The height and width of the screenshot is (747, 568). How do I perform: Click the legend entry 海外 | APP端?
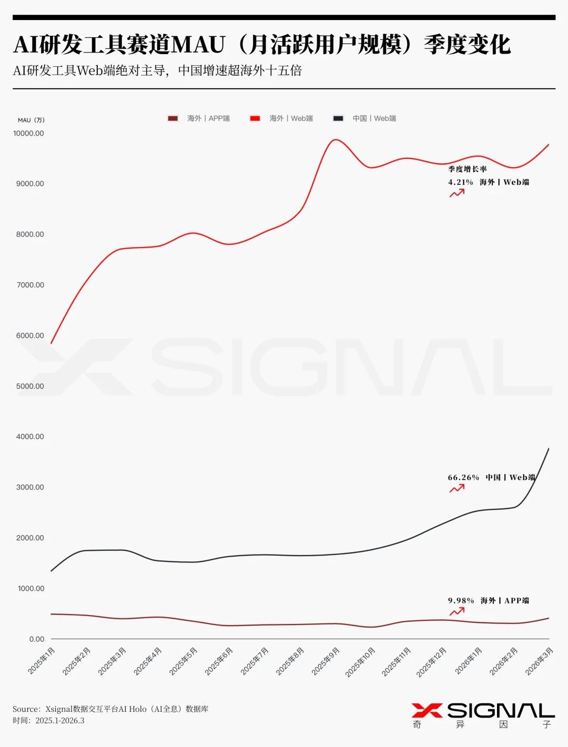point(199,118)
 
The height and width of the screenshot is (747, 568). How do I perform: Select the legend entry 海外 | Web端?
point(281,118)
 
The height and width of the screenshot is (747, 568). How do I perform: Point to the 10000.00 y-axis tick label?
point(29,134)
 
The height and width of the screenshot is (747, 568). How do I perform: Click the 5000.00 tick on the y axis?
point(30,386)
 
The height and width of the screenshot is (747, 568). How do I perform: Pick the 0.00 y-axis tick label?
point(37,639)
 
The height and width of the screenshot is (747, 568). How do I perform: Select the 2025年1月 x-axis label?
point(42,661)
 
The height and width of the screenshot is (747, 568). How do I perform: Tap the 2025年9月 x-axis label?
point(326,661)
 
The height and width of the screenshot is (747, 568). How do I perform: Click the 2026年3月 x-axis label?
point(539,661)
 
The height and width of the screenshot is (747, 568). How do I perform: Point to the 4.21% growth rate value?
point(460,182)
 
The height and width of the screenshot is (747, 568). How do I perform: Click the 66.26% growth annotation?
point(463,478)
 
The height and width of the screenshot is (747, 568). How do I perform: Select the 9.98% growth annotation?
point(461,601)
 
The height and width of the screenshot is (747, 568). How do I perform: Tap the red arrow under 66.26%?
point(457,488)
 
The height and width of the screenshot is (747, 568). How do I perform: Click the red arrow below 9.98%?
point(457,611)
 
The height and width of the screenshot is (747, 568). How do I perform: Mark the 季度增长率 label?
point(467,169)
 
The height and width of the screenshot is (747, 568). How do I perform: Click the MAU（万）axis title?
point(31,120)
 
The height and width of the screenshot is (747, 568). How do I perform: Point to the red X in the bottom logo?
point(427,711)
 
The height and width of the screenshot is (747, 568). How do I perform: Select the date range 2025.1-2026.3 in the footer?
point(60,721)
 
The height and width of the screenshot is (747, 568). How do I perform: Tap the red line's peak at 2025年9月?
point(335,139)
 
